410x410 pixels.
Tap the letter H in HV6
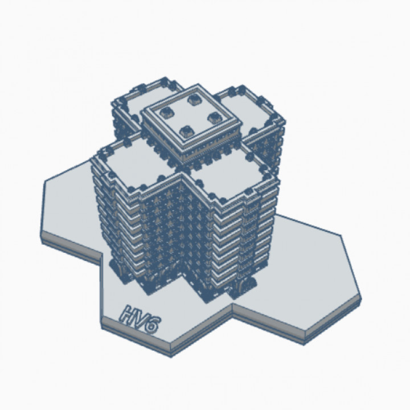click(127, 313)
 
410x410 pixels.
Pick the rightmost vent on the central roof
click(214, 118)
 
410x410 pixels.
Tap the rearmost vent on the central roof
click(192, 100)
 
